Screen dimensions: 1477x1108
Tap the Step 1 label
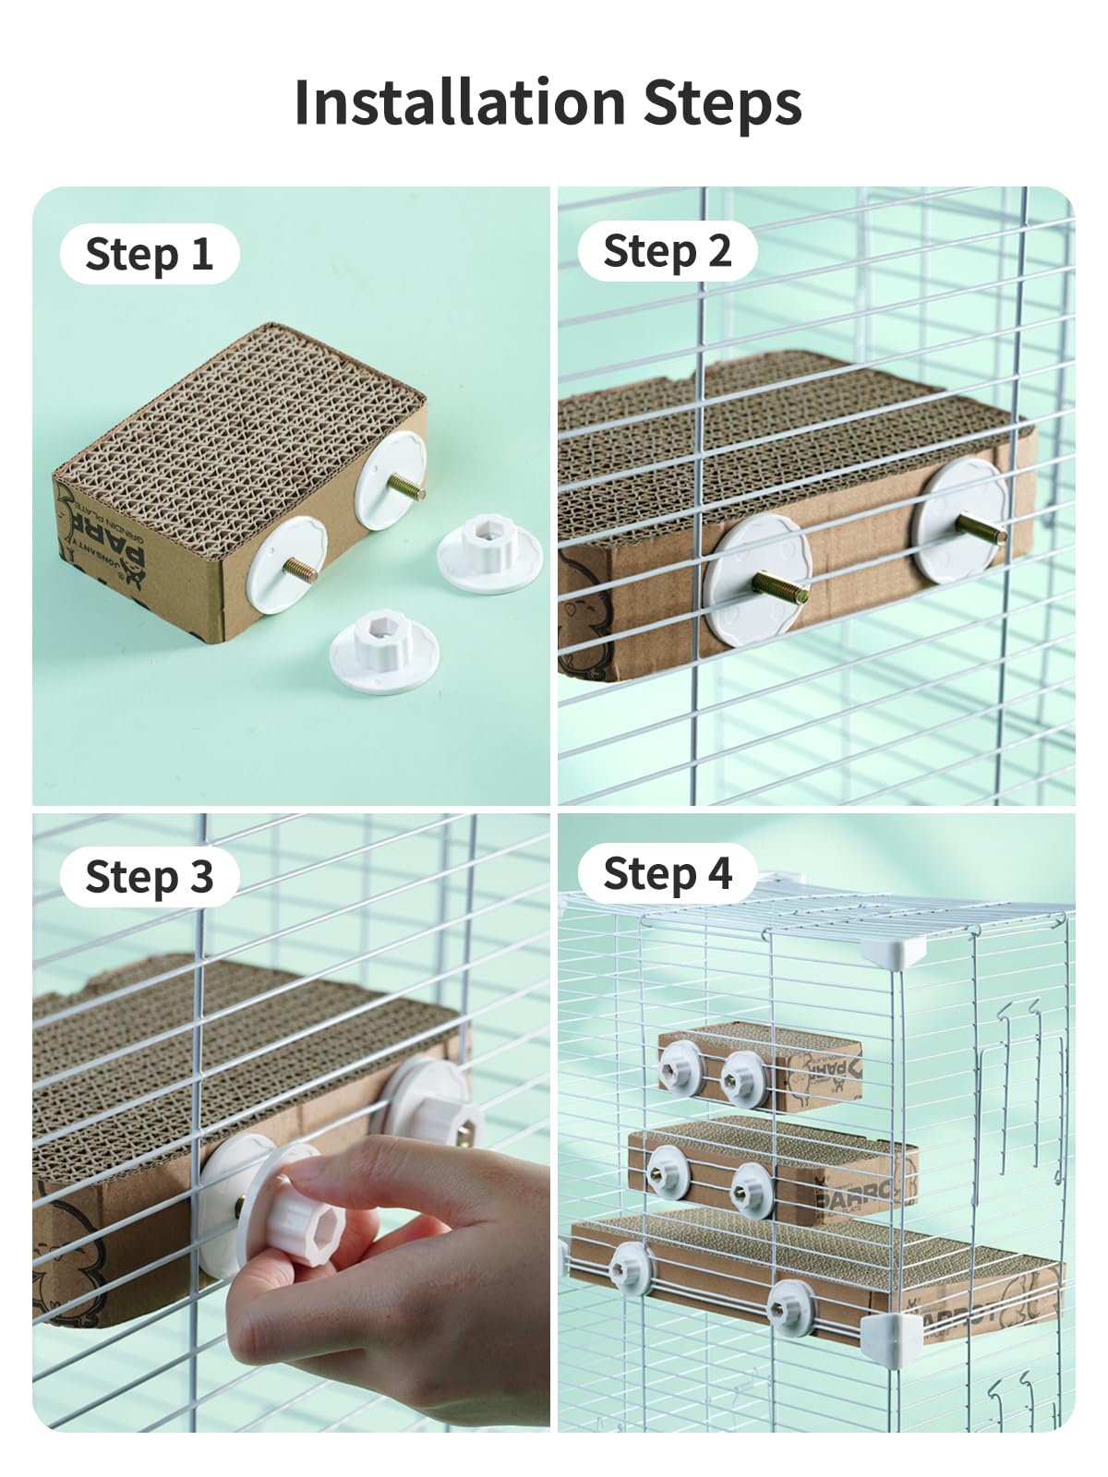click(149, 254)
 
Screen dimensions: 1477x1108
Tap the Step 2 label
click(667, 251)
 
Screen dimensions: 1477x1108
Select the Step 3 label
click(149, 876)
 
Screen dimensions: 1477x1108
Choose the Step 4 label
click(667, 873)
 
